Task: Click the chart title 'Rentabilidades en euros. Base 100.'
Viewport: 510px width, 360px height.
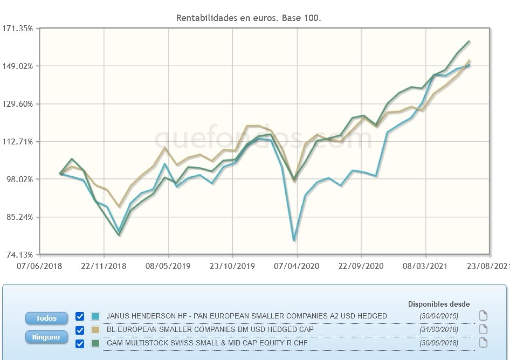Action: (248, 18)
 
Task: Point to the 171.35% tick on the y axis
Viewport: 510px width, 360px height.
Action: (17, 29)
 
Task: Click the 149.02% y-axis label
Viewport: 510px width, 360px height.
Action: (17, 66)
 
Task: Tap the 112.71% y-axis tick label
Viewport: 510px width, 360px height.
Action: (17, 142)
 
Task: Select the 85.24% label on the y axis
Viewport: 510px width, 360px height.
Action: (19, 217)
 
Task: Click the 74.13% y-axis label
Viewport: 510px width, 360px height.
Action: (19, 255)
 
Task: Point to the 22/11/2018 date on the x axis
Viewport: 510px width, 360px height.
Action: (103, 266)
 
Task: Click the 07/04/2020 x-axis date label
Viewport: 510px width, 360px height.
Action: (297, 266)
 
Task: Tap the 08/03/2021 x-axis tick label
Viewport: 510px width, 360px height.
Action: (425, 266)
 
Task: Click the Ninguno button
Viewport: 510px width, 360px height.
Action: (46, 337)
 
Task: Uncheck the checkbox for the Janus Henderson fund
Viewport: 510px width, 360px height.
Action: (80, 316)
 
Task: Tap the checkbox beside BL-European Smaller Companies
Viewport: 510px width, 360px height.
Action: (80, 330)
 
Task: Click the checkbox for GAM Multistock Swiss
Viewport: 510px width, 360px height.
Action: (80, 344)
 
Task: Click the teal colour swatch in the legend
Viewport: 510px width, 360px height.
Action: (95, 316)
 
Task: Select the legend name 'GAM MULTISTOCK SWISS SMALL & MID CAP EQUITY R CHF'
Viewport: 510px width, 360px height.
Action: (207, 343)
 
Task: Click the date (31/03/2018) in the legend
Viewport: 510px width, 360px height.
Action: (439, 330)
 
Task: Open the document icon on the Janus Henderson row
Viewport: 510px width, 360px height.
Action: (483, 316)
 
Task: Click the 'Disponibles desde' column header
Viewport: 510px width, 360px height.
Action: (439, 304)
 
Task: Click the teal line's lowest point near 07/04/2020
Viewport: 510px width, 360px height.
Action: (294, 240)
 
